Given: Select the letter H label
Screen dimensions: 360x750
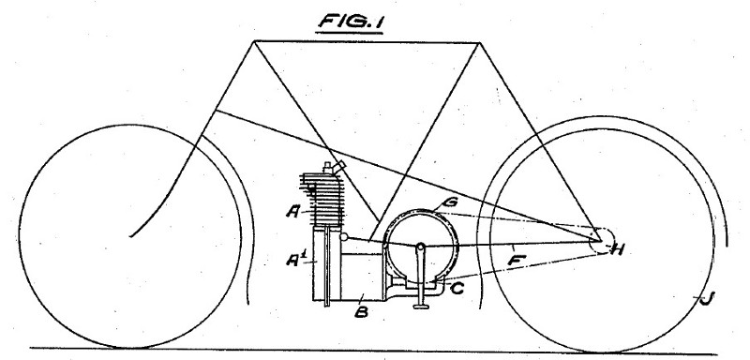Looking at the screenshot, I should pyautogui.click(x=617, y=249).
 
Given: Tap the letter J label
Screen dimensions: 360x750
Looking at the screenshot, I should pyautogui.click(x=697, y=299).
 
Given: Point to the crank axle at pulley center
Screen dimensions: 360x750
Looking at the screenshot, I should pyautogui.click(x=423, y=246).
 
